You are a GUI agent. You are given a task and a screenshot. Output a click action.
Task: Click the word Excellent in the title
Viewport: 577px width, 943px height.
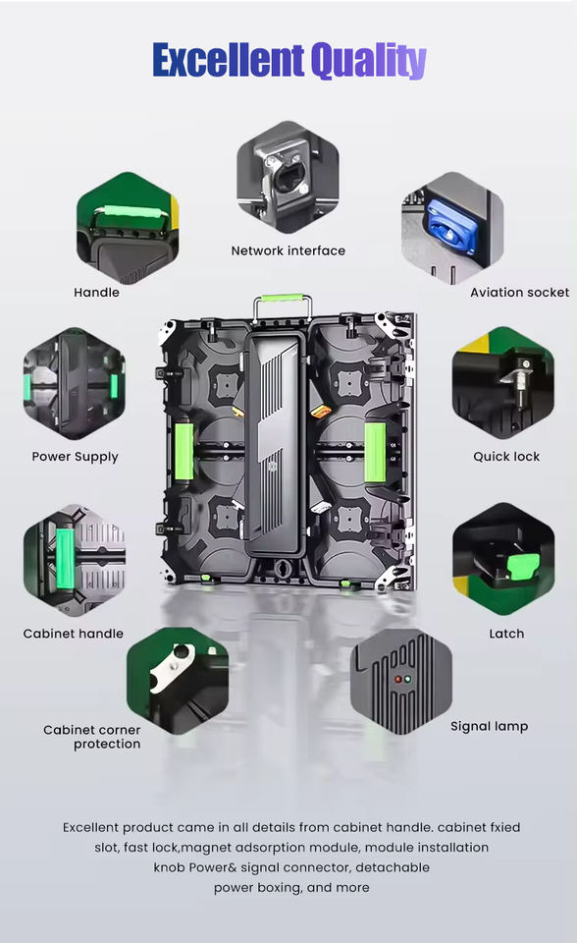pyautogui.click(x=229, y=60)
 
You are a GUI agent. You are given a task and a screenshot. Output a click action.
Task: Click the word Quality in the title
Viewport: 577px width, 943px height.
pyautogui.click(x=368, y=61)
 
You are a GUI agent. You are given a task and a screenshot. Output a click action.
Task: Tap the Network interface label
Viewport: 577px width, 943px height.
pyautogui.click(x=288, y=250)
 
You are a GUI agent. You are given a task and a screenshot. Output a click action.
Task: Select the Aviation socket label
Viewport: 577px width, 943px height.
pyautogui.click(x=519, y=293)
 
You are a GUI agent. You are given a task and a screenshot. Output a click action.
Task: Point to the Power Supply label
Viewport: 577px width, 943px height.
pyautogui.click(x=76, y=457)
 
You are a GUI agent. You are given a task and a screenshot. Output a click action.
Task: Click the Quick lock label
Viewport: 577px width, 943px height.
pyautogui.click(x=506, y=457)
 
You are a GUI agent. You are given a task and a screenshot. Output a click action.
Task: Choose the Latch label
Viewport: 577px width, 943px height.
pyautogui.click(x=506, y=634)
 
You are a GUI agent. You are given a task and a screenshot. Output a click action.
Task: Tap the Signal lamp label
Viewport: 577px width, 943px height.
pyautogui.click(x=490, y=727)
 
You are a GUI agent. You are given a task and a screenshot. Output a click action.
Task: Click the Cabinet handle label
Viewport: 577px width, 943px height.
pyautogui.click(x=74, y=634)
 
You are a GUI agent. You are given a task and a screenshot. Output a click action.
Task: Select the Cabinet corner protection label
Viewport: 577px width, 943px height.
pyautogui.click(x=92, y=737)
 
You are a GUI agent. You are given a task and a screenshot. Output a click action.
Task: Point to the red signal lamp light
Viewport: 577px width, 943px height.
pyautogui.click(x=397, y=680)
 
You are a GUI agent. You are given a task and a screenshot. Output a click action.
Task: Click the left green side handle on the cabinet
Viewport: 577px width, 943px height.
pyautogui.click(x=184, y=452)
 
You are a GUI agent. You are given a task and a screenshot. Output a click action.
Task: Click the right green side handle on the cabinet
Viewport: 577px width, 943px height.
pyautogui.click(x=375, y=452)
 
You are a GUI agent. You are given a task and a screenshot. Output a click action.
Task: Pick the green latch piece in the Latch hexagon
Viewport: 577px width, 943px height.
pyautogui.click(x=522, y=567)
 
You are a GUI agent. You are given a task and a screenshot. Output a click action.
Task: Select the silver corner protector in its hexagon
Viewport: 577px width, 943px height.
pyautogui.click(x=172, y=667)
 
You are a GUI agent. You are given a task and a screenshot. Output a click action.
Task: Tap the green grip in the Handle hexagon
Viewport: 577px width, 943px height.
pyautogui.click(x=130, y=213)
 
